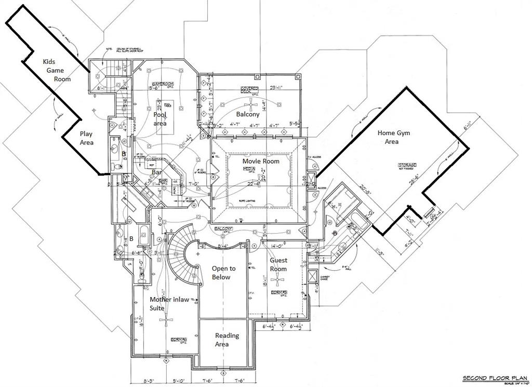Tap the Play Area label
(86, 138)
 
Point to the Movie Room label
(261, 161)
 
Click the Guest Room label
(278, 264)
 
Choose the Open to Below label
(223, 273)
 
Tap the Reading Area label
(227, 340)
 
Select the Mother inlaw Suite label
(165, 303)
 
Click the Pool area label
(160, 119)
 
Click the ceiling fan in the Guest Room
(279, 281)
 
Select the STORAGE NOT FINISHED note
(408, 166)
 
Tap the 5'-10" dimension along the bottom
(177, 381)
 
